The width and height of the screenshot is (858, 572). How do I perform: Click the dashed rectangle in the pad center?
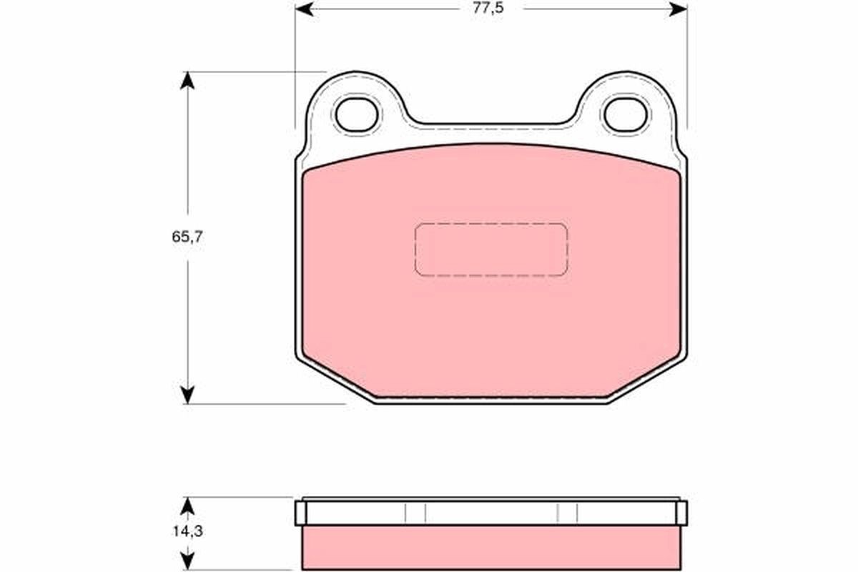[x=491, y=250]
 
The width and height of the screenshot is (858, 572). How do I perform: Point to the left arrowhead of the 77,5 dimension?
[x=304, y=9]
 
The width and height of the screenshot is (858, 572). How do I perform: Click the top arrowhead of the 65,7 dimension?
[x=187, y=79]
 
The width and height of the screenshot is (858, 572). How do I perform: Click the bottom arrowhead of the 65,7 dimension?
[x=187, y=395]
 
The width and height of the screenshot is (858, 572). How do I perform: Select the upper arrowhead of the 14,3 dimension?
[x=187, y=506]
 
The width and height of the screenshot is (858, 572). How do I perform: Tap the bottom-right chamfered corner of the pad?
[x=648, y=378]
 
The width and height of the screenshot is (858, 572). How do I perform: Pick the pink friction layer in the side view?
[x=491, y=548]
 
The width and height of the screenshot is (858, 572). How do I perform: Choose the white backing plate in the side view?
[x=491, y=512]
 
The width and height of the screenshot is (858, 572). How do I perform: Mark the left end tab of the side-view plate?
[x=300, y=512]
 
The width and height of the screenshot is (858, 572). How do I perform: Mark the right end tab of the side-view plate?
[x=681, y=512]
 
